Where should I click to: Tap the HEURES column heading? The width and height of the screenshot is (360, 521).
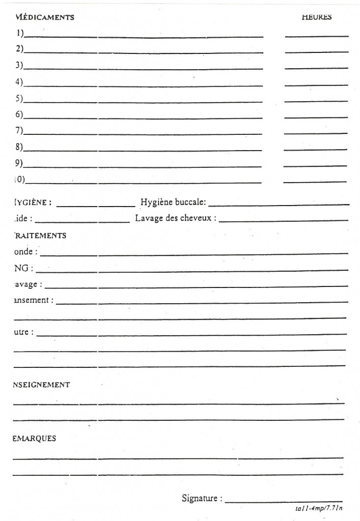pyautogui.click(x=316, y=17)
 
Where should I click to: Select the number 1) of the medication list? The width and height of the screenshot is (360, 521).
pyautogui.click(x=19, y=34)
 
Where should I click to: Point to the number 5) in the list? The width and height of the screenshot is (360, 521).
pyautogui.click(x=19, y=98)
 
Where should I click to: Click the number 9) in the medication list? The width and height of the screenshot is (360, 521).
pyautogui.click(x=19, y=163)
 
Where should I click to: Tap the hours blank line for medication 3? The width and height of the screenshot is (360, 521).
pyautogui.click(x=316, y=69)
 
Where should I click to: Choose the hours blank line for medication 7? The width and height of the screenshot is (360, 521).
pyautogui.click(x=315, y=133)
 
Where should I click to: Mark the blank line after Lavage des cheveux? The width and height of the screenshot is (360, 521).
pyautogui.click(x=284, y=221)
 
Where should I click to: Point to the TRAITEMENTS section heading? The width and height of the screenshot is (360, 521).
pyautogui.click(x=40, y=236)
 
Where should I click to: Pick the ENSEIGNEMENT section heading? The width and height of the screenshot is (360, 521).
pyautogui.click(x=41, y=385)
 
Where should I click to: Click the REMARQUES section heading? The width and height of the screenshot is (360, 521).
pyautogui.click(x=35, y=439)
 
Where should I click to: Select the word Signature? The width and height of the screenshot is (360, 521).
pyautogui.click(x=201, y=498)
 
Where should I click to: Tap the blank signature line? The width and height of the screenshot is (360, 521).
pyautogui.click(x=284, y=501)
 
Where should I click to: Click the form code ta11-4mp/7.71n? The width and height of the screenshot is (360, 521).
pyautogui.click(x=319, y=508)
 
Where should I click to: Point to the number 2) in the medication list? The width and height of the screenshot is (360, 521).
pyautogui.click(x=19, y=49)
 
